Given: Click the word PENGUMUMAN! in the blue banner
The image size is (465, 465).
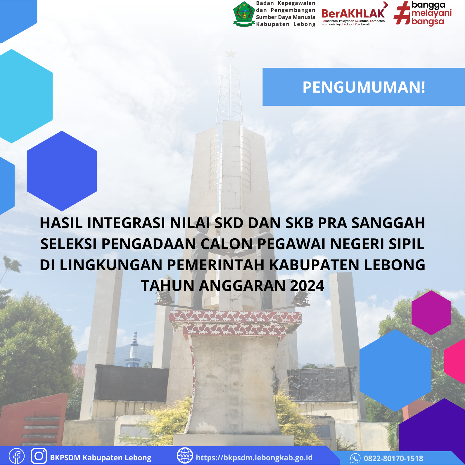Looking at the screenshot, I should click(364, 87).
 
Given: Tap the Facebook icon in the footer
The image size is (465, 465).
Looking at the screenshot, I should click(17, 456).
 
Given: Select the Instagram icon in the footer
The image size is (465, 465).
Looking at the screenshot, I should click(39, 456).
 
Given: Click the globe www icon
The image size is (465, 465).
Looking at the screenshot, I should click(185, 455).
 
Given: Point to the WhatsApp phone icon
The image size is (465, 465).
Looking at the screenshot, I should click(355, 458).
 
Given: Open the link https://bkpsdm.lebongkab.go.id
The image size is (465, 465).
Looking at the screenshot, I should click(254, 457).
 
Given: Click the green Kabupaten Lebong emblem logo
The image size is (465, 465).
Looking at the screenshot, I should click(244, 14).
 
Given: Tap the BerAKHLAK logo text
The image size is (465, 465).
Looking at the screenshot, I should click(353, 13).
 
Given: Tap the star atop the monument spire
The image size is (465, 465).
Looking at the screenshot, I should click(231, 54).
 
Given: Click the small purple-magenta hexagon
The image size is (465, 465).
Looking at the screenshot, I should click(431, 313).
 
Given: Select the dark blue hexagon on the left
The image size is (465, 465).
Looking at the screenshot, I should click(62, 171).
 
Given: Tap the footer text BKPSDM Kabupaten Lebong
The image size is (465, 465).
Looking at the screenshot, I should click(101, 458).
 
